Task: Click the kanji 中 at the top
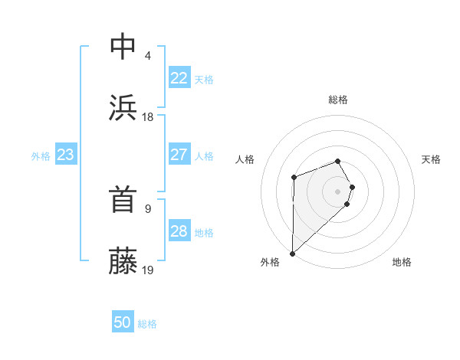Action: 123,47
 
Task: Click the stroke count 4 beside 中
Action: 148,56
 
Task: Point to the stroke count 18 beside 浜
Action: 148,117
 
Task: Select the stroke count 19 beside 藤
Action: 148,270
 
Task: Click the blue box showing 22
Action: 179,78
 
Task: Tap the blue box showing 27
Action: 179,155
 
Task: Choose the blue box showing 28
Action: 179,231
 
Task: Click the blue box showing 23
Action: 65,155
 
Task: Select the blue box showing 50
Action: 123,322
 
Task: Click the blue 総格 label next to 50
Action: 147,324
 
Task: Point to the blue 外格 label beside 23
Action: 41,156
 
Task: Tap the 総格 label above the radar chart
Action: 338,100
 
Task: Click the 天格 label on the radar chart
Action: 431,159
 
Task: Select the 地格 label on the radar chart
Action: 402,263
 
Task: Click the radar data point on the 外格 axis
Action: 292,253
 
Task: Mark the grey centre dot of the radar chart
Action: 338,190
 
